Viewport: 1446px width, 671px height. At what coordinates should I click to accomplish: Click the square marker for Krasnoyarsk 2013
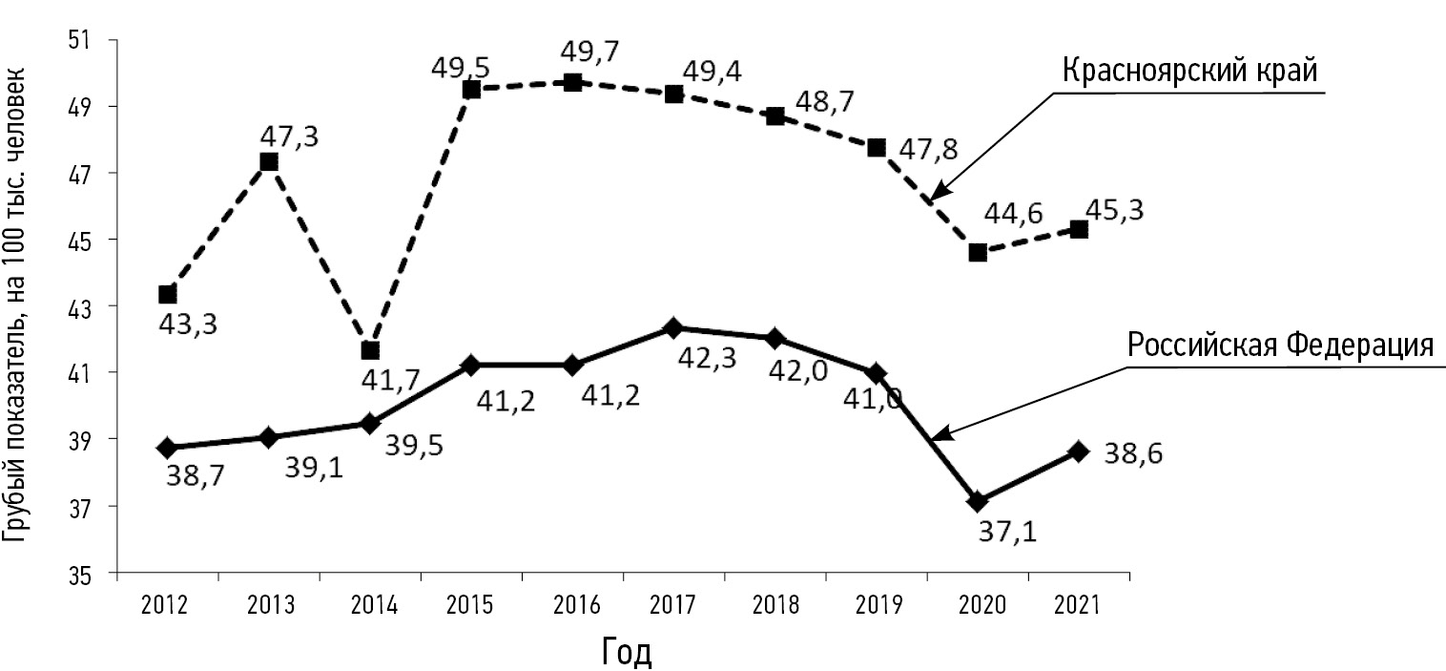[x=269, y=161]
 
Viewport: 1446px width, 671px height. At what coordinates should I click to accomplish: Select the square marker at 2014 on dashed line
[x=370, y=350]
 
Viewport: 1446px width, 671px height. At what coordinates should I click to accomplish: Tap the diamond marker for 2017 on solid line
[x=673, y=328]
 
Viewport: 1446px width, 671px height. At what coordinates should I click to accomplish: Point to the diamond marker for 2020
[x=977, y=501]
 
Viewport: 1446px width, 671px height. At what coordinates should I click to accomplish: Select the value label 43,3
[x=187, y=325]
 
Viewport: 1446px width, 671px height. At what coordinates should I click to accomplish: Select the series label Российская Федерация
[x=1280, y=345]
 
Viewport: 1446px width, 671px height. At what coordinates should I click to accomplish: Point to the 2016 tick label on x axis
[x=572, y=604]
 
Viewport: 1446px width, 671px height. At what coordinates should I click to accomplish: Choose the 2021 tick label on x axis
[x=1078, y=604]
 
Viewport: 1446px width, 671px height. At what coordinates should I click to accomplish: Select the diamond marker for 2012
[x=168, y=448]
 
